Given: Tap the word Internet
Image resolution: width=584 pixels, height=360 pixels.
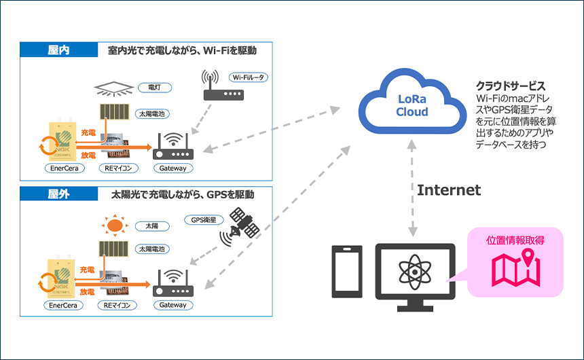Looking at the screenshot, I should pos(449,190).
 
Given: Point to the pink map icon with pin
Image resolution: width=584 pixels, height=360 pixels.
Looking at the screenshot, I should pos(516,268).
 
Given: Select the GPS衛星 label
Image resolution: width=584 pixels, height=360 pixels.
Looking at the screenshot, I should pos(204,219).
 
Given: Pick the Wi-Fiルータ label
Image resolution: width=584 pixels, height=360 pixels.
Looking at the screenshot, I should pos(249,77).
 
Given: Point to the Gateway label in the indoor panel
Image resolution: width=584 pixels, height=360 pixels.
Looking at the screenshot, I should pos(172,168).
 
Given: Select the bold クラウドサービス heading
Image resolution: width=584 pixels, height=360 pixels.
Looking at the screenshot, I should pos(510,86).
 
